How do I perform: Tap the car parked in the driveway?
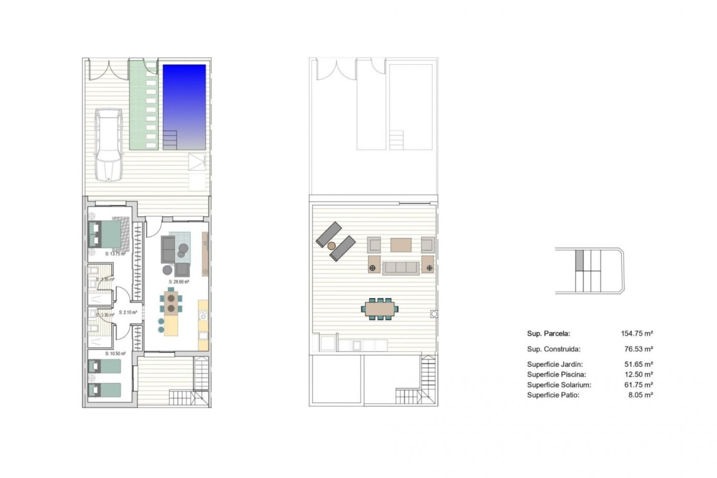108,145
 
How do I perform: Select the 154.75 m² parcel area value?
637,333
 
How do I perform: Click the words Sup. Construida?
554,349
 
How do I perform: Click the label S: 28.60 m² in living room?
179,282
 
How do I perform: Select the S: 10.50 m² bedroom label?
115,353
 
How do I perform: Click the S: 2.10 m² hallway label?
128,312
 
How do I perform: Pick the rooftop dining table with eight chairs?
379,309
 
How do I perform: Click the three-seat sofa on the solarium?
401,268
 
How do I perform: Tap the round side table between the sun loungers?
331,246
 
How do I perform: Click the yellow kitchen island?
171,326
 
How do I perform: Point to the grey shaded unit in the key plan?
579,260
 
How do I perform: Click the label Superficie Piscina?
556,375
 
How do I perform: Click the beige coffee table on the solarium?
401,245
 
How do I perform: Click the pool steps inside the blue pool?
170,140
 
